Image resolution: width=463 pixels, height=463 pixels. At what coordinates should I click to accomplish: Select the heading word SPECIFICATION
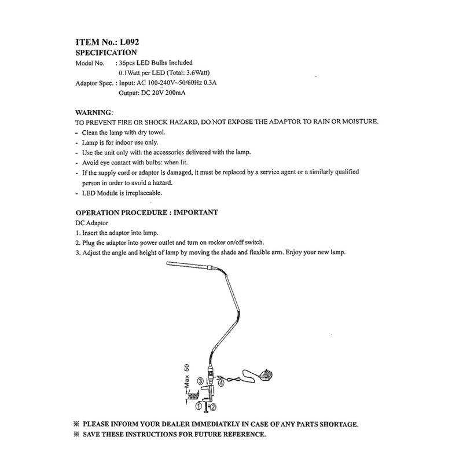click(x=106, y=52)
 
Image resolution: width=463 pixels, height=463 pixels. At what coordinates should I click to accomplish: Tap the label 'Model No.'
click(x=90, y=63)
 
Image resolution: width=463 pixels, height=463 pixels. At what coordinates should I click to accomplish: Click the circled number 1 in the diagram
click(x=199, y=406)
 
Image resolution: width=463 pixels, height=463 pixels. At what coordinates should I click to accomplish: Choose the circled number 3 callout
click(x=200, y=381)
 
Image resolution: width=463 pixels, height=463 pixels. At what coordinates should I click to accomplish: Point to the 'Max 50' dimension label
click(x=187, y=376)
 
